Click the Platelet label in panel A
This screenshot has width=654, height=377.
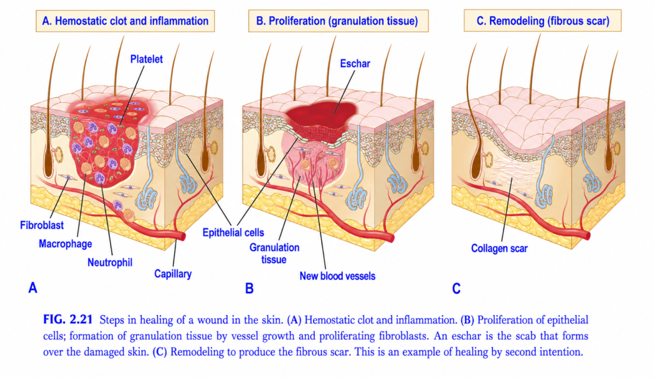click(x=146, y=59)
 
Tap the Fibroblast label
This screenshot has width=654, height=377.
click(x=42, y=226)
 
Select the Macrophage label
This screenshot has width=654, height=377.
click(x=66, y=244)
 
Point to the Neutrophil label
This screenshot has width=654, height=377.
click(x=110, y=263)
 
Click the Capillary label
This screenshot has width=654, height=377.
click(x=172, y=274)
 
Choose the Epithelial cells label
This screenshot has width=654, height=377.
click(x=233, y=233)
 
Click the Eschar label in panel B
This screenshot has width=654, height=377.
click(x=355, y=63)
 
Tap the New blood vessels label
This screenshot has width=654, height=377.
click(x=337, y=276)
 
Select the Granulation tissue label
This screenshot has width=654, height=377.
click(x=274, y=254)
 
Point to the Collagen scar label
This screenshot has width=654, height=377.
click(x=499, y=249)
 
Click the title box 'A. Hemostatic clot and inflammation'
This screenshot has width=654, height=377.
click(x=125, y=21)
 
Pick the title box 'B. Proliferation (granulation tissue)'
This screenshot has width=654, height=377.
click(x=338, y=21)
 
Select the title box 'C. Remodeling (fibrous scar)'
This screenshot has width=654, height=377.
click(x=543, y=21)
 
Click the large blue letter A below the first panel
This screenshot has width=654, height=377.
click(x=33, y=288)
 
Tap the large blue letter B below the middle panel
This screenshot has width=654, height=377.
click(x=250, y=288)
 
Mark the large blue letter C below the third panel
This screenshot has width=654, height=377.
click(x=456, y=288)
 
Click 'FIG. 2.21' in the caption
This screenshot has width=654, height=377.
click(x=68, y=319)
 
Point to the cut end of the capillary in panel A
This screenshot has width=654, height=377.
click(x=183, y=236)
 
